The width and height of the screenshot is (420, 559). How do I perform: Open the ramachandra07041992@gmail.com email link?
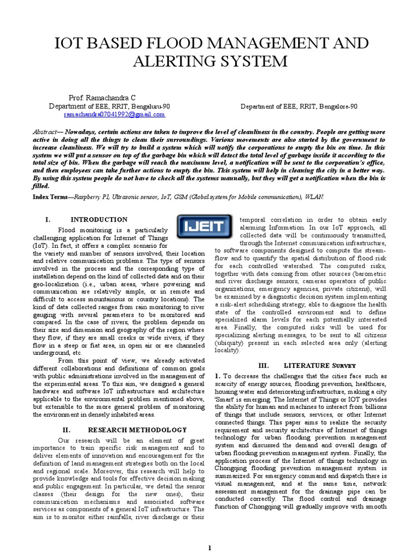pyautogui.click(x=114, y=115)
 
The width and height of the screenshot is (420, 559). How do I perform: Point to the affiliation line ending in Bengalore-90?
pyautogui.click(x=299, y=106)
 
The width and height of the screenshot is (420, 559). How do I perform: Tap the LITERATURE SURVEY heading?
pyautogui.click(x=320, y=365)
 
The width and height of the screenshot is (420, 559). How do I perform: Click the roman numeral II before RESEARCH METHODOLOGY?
pyautogui.click(x=66, y=430)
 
